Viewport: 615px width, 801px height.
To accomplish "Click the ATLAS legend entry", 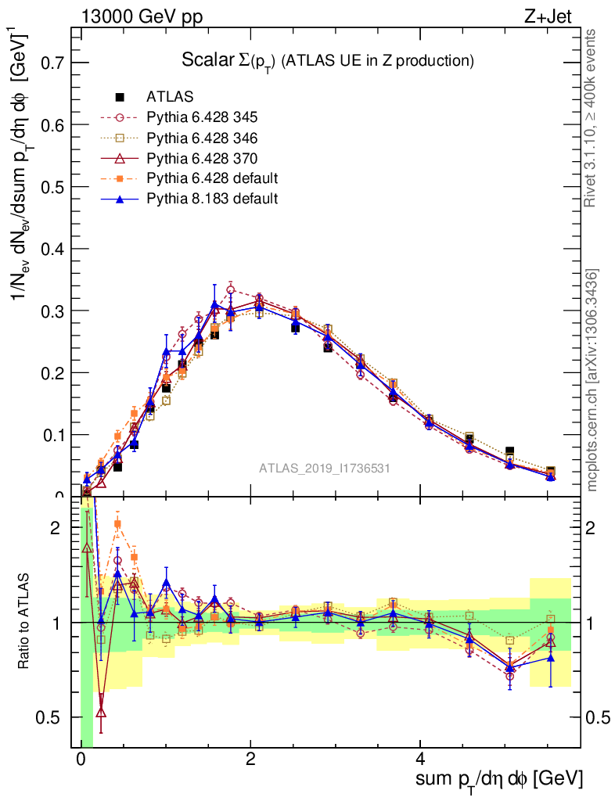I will tap(169, 97).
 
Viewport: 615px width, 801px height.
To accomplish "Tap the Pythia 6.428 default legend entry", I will tap(212, 178).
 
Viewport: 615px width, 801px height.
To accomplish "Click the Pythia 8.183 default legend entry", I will tap(212, 199).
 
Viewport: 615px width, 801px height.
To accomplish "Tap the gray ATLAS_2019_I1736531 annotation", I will tap(325, 469).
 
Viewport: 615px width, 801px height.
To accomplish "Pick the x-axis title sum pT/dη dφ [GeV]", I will tap(499, 780).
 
